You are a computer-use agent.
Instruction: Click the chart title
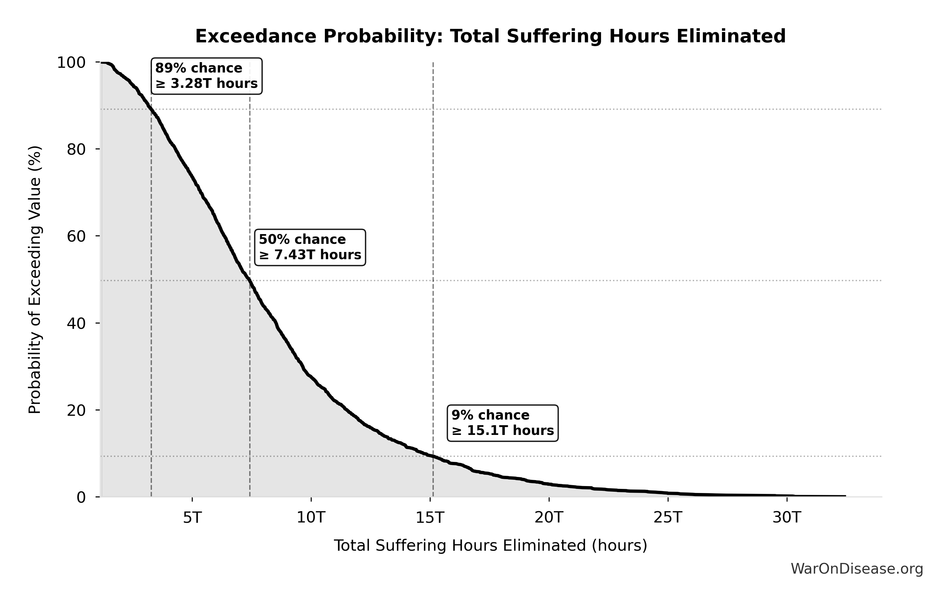490,36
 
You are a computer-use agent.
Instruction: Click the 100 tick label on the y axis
71,62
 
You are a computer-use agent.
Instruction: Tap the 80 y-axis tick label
76,149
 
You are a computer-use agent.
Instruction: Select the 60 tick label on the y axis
76,236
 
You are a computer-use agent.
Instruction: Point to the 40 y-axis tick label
76,323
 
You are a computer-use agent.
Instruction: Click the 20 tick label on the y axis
76,410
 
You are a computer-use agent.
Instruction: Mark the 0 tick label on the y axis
81,497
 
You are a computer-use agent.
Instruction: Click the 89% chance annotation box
206,76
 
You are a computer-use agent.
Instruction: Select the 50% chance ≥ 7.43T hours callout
310,247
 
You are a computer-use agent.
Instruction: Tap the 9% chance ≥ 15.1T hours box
503,423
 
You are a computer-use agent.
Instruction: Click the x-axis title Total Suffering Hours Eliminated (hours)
490,546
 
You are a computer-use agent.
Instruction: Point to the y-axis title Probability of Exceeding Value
35,280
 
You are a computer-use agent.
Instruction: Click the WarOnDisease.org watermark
857,569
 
